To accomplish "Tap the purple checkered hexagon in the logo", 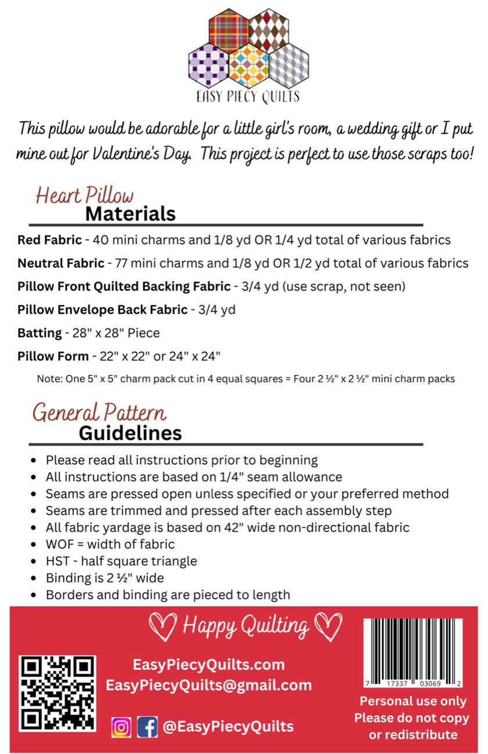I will click(x=208, y=65).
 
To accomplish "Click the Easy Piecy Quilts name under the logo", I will click(x=249, y=96).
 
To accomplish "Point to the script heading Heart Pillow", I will click(x=85, y=195).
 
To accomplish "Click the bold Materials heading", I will click(x=130, y=213).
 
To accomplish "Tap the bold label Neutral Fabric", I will click(x=61, y=263).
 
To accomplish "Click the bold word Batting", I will click(x=39, y=332).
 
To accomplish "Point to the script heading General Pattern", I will click(x=99, y=412).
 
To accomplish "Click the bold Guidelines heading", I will click(x=130, y=433).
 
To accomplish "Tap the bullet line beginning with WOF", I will click(x=110, y=544).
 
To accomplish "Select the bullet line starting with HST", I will click(x=121, y=561).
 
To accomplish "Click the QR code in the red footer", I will click(x=57, y=692).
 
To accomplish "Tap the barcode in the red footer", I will click(x=413, y=652).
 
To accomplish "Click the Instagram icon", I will click(x=121, y=727).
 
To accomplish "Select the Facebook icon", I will click(x=147, y=727).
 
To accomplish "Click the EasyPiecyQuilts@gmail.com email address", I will click(x=209, y=685).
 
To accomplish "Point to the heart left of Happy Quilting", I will click(x=162, y=626).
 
